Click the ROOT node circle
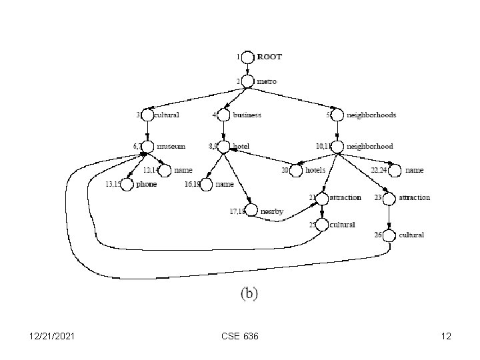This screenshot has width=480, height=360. pos(248,57)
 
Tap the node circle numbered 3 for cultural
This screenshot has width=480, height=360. pos(147,115)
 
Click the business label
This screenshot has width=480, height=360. pos(247,115)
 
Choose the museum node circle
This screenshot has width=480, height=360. pos(147,146)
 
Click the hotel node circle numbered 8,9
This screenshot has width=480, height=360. pos(223,146)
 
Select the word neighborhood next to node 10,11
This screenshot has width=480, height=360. pos(370,146)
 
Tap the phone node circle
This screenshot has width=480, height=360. pos(127,184)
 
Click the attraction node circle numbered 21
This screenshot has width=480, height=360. pos(323,198)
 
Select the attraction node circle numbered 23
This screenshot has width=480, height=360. pos(389,198)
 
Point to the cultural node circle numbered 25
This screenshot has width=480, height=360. pos(323,225)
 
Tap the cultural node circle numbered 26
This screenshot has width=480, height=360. pos(389,235)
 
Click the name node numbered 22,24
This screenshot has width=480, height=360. pos(395,171)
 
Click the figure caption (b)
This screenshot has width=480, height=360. pos(248,292)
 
